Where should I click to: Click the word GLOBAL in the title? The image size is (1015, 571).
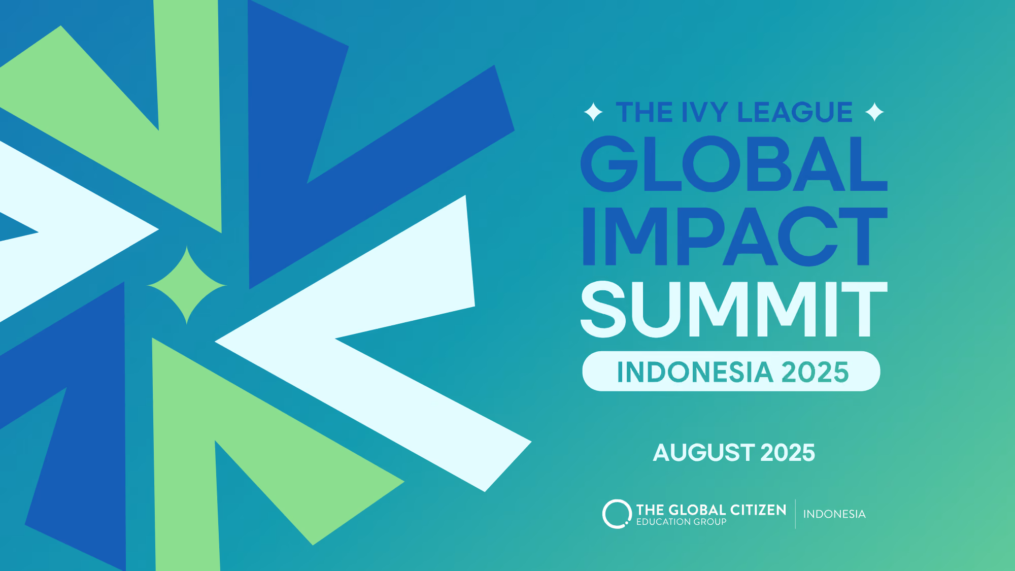734,164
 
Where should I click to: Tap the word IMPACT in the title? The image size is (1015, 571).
735,236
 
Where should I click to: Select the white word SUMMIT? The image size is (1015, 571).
734,309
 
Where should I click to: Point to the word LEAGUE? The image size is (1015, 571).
795,112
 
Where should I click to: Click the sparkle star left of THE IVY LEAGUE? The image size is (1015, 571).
593,112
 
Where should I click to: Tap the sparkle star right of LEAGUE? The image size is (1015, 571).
874,112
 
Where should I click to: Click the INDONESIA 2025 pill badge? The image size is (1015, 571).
731,371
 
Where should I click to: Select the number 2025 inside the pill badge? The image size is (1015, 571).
815,372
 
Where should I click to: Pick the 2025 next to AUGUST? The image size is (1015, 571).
788,452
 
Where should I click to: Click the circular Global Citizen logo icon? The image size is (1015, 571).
616,514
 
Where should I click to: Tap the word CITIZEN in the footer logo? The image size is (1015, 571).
758,510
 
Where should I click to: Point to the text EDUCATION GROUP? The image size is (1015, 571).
682,522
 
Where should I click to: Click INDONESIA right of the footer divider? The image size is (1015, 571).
834,514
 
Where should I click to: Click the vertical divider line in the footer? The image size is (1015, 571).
795,514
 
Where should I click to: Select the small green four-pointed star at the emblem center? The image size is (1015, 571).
187,285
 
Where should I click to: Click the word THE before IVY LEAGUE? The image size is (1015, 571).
645,112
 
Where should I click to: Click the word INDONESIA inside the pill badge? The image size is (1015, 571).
695,372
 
